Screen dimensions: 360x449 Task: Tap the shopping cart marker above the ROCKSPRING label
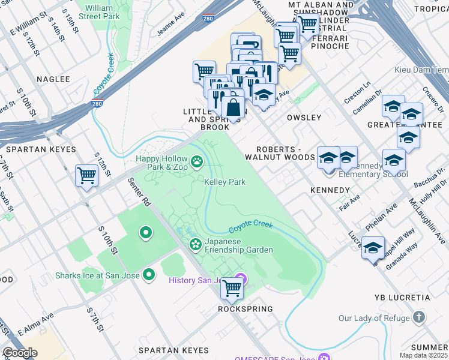click(x=232, y=288)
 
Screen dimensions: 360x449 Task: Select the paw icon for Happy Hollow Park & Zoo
click(x=196, y=161)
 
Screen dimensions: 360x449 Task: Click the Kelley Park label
click(x=224, y=182)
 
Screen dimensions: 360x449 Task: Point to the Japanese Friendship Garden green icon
click(x=195, y=244)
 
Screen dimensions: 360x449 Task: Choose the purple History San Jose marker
click(x=241, y=278)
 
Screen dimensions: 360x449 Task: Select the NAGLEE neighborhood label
click(x=53, y=79)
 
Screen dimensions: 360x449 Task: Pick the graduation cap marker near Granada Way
click(x=373, y=247)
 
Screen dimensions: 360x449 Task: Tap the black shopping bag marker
click(x=233, y=108)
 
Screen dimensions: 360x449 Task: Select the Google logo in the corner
click(x=20, y=352)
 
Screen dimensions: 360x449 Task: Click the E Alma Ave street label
click(x=35, y=323)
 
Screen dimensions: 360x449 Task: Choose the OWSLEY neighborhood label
click(x=304, y=118)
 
